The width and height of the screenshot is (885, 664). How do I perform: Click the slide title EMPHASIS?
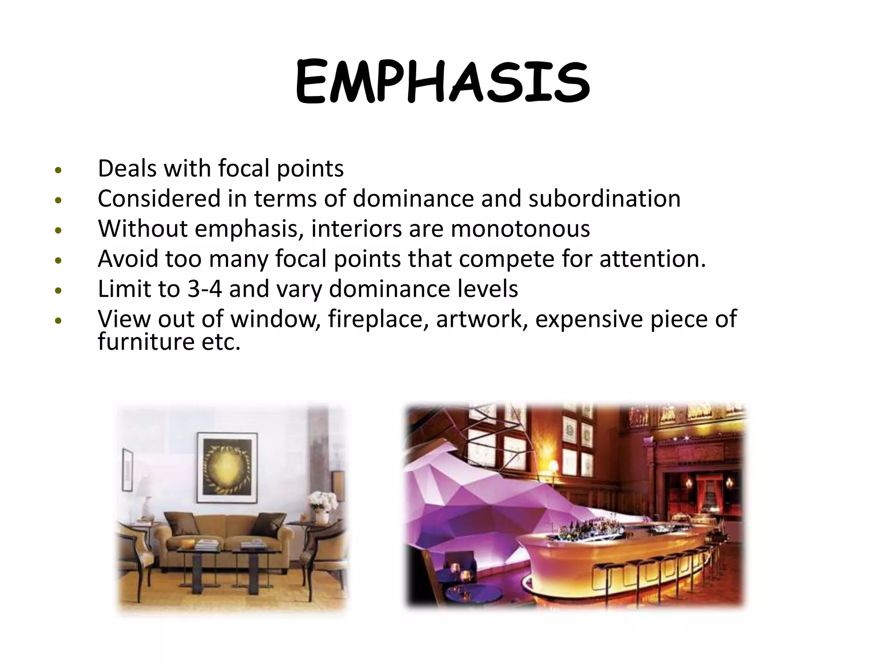[442, 82]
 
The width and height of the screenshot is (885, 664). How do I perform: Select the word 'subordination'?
[604, 198]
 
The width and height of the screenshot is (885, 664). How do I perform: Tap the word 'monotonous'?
[520, 229]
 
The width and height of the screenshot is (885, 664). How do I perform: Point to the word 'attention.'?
[653, 259]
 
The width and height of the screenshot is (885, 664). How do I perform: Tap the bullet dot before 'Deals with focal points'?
[59, 170]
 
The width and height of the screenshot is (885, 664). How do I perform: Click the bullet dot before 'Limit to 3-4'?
[59, 291]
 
